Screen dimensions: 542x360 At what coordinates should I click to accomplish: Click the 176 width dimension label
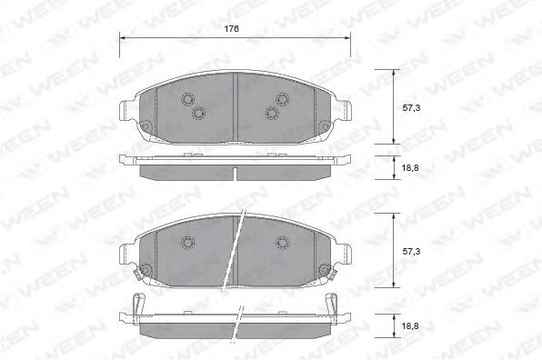pyautogui.click(x=231, y=29)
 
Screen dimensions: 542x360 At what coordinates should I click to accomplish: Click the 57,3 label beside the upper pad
pyautogui.click(x=411, y=108)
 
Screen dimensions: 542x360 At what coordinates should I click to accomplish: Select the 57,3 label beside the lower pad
pyautogui.click(x=411, y=252)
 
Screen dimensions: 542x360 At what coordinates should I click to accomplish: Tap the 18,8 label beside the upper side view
pyautogui.click(x=410, y=168)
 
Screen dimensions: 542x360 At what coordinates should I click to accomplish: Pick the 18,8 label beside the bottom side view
pyautogui.click(x=410, y=325)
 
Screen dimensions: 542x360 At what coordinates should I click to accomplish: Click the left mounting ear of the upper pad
pyautogui.click(x=126, y=111)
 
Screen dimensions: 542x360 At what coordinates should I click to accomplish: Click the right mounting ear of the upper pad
pyautogui.click(x=343, y=111)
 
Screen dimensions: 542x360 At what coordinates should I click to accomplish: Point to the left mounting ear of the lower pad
pyautogui.click(x=126, y=255)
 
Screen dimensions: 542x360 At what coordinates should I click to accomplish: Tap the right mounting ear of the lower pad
pyautogui.click(x=343, y=255)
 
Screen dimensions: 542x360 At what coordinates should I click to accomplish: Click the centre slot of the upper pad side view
pyautogui.click(x=235, y=174)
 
